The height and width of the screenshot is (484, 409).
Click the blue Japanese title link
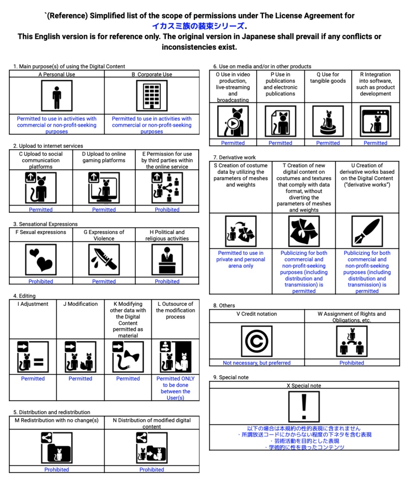point(199,26)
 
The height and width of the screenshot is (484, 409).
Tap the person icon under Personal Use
point(57,96)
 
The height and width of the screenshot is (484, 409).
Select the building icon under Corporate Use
point(152,96)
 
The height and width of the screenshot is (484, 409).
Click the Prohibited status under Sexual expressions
point(41,281)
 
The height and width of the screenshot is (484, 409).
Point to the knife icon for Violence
point(104,259)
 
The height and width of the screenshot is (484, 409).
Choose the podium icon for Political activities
point(167,259)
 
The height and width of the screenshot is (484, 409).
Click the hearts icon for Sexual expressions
point(41,259)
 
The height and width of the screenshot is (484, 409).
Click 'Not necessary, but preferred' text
point(257,363)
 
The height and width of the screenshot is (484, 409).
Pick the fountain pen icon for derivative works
point(367,231)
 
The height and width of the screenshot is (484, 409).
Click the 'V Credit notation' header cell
point(257,314)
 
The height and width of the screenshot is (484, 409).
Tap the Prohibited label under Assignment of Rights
point(352,363)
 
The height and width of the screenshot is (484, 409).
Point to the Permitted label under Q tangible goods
point(328,143)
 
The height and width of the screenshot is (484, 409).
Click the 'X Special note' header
point(304,386)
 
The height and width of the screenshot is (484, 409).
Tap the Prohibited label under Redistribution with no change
point(57,469)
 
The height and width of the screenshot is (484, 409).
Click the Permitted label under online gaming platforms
point(104,209)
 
